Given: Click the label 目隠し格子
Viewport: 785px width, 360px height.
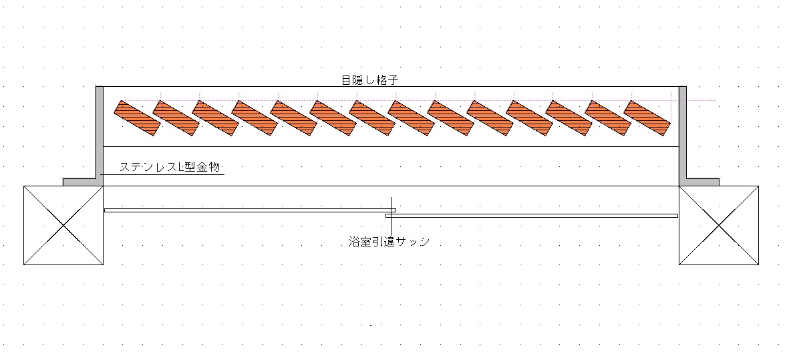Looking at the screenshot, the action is (369, 81).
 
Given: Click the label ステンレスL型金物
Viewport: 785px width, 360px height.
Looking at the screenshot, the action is (170, 167).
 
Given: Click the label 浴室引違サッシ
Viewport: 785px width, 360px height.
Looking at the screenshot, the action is (389, 241).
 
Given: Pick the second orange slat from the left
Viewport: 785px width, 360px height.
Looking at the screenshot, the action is (176, 118).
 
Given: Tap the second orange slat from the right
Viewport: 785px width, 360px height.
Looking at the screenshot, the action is (608, 118).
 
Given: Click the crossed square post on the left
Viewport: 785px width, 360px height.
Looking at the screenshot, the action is (63, 225).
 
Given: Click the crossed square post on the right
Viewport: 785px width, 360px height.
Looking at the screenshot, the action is (719, 225).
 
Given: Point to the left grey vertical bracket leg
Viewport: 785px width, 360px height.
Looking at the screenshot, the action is (99, 133).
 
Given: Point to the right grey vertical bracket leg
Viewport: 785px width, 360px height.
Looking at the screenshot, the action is (683, 133).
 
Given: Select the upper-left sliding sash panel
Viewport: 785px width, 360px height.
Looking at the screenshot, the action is (251, 210).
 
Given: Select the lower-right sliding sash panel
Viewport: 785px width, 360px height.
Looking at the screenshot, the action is (532, 216).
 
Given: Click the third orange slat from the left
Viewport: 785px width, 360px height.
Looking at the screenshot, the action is (215, 118).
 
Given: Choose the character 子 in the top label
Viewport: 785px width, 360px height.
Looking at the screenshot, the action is (393, 81).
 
